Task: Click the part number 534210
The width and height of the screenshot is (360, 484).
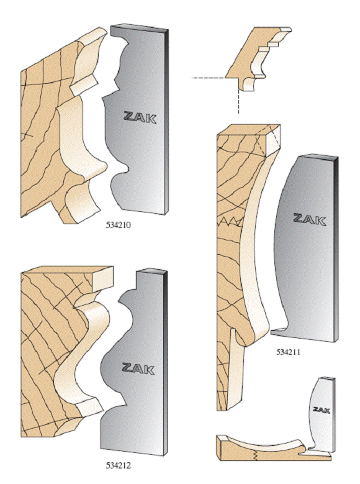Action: [x=119, y=226]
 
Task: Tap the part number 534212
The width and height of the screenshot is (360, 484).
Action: [x=119, y=465]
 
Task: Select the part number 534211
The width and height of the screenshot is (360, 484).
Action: [x=288, y=352]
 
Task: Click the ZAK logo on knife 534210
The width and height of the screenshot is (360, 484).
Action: [x=140, y=117]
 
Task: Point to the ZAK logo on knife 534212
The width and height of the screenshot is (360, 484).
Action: [x=138, y=369]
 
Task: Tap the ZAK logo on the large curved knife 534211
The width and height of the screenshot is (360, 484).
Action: [x=309, y=219]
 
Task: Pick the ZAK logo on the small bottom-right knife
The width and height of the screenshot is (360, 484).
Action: [x=322, y=410]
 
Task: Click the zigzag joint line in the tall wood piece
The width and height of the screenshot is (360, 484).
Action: [x=231, y=221]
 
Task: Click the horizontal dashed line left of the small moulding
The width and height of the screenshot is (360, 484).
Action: [x=209, y=78]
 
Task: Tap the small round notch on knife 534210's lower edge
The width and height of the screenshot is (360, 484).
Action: [x=125, y=168]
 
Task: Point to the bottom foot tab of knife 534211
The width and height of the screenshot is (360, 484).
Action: [x=279, y=331]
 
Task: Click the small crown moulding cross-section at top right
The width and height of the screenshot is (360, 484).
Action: [x=258, y=58]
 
